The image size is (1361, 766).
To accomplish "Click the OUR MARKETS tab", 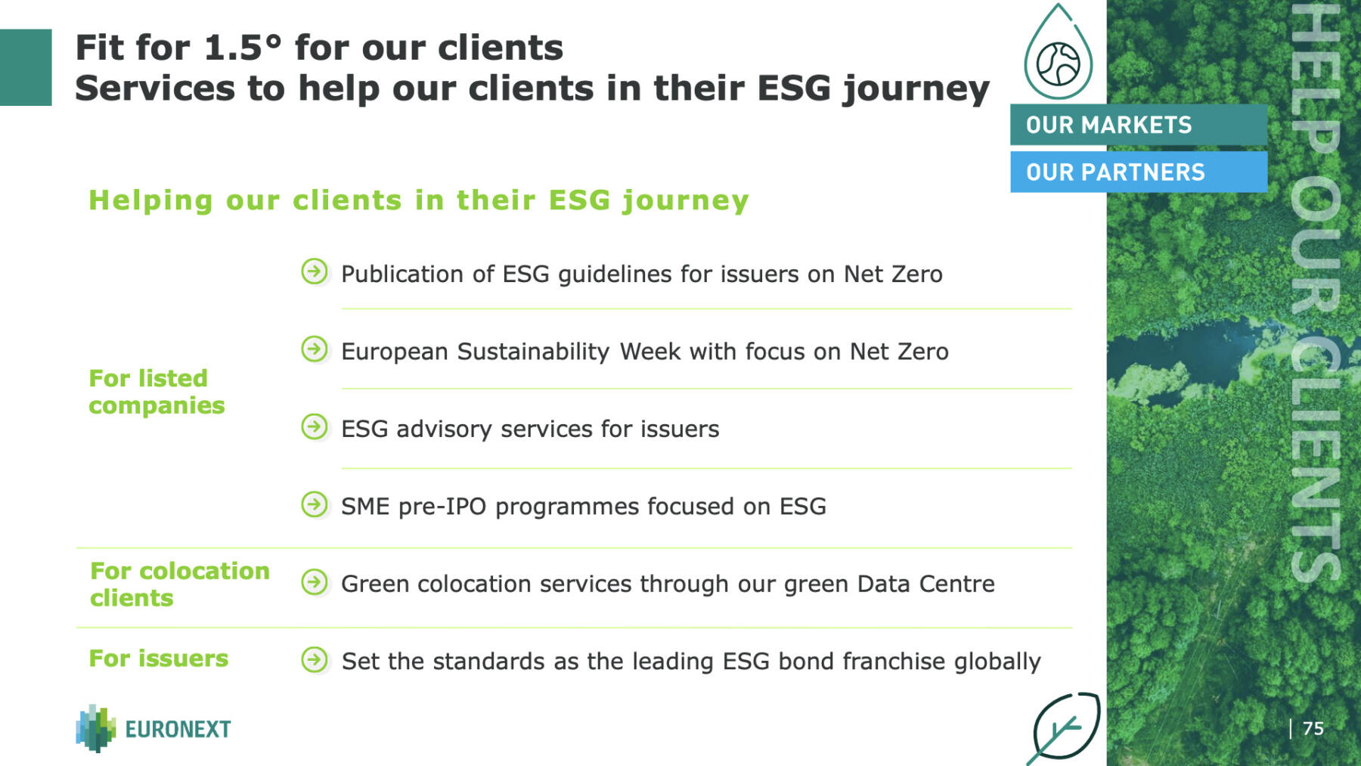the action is click(1138, 125).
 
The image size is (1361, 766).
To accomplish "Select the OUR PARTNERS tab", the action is click(1138, 172).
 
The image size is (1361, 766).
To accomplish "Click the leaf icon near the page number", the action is click(1065, 727).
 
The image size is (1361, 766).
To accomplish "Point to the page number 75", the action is click(1313, 728).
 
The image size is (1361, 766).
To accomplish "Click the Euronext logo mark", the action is click(96, 728).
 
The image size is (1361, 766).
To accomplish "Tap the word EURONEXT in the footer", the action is click(178, 729).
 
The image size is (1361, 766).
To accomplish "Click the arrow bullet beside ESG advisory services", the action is click(315, 427).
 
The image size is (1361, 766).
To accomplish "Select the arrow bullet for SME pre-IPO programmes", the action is click(315, 504).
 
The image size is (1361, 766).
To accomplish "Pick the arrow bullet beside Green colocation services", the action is click(315, 582).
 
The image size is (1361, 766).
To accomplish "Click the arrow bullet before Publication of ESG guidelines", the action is click(315, 271).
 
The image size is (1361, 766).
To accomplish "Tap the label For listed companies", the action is click(157, 392).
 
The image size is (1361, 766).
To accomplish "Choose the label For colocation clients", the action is click(180, 584).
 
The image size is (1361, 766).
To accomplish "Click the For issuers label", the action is click(159, 658).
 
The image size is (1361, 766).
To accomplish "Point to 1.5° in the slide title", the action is click(243, 48).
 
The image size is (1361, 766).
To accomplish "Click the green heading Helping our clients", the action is click(419, 200).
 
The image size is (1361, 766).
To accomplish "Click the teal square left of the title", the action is click(26, 67).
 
